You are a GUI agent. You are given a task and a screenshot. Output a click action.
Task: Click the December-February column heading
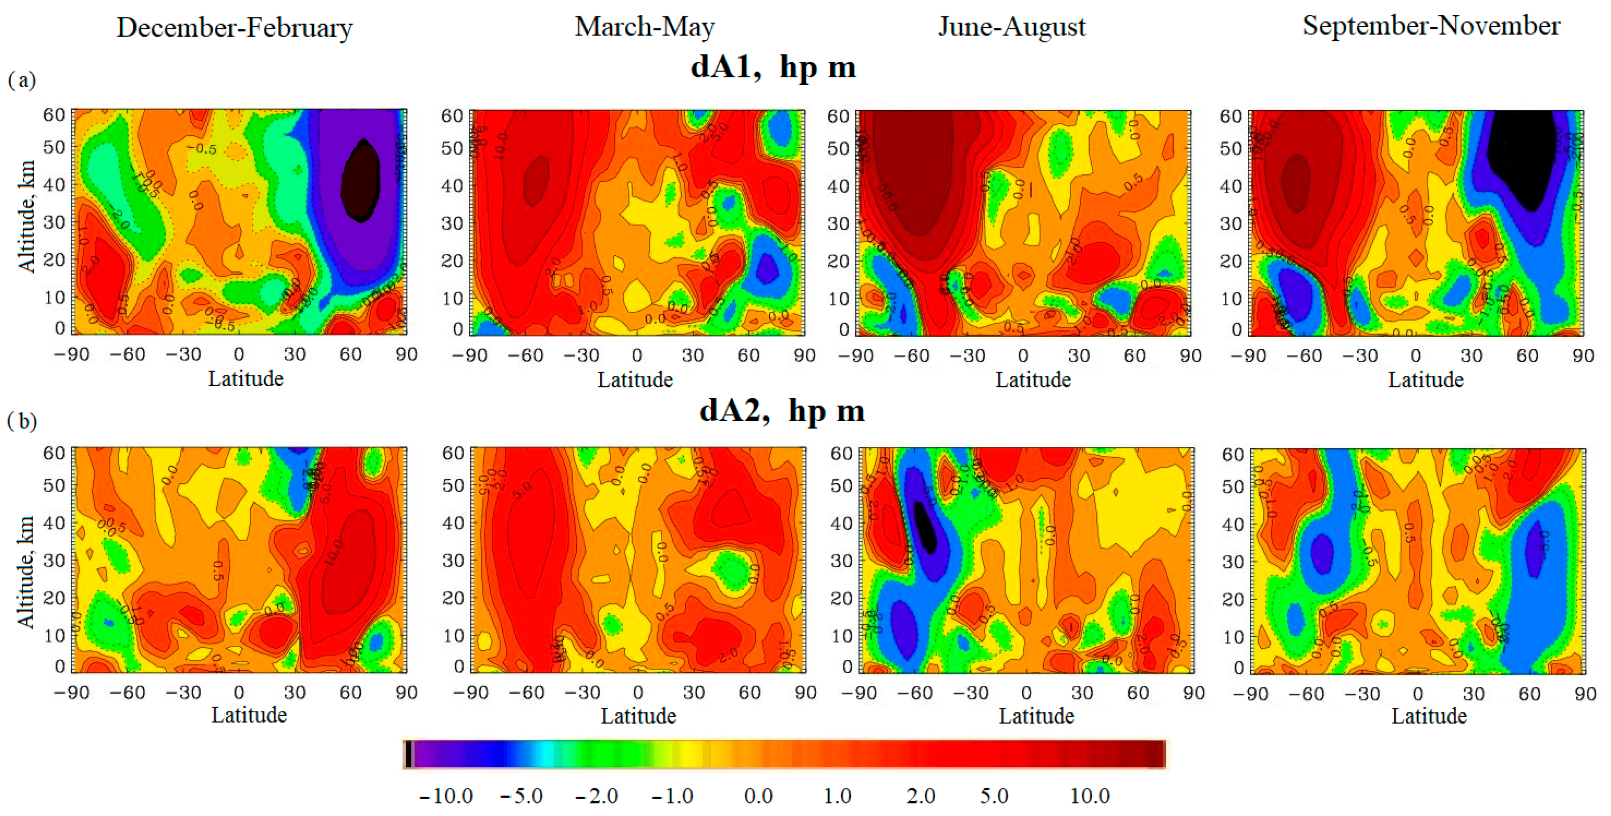[234, 28]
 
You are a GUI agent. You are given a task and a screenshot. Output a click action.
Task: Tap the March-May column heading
[644, 27]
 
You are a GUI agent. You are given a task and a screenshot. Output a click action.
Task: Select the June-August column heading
[1011, 27]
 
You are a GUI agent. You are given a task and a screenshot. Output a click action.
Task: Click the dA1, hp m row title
[773, 66]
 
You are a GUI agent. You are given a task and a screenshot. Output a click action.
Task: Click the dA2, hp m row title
[782, 411]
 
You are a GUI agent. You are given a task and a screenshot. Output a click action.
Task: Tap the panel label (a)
[21, 80]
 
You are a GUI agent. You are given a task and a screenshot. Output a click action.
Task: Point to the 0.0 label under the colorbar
[758, 796]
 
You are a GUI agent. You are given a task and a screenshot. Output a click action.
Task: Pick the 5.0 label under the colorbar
[994, 796]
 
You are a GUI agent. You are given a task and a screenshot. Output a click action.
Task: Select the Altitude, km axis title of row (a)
[26, 216]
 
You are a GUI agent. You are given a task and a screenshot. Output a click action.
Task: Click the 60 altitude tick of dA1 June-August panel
[838, 116]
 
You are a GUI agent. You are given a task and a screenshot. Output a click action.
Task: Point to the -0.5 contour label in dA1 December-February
[205, 149]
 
